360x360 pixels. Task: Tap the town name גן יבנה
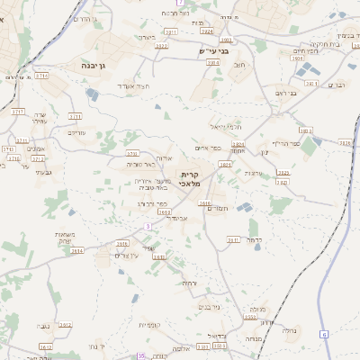point(83,66)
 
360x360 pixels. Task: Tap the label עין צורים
point(129,256)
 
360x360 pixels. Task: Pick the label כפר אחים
point(208,148)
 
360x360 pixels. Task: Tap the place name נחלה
point(291,330)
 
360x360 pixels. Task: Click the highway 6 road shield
point(324,335)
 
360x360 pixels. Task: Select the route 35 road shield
point(140,356)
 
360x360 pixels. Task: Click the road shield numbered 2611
point(233,240)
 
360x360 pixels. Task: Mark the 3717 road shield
point(18,112)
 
